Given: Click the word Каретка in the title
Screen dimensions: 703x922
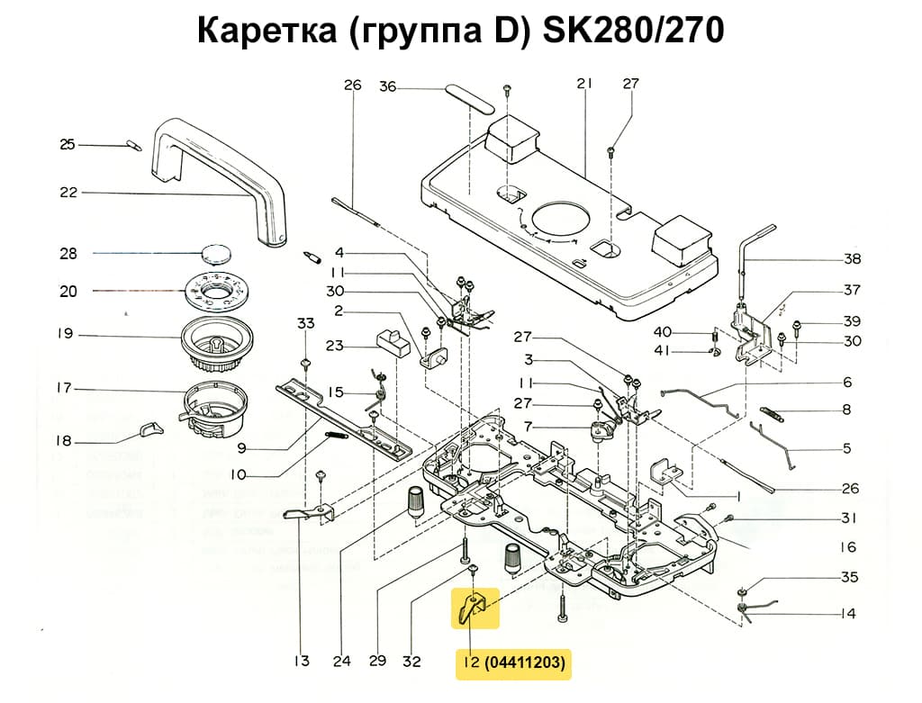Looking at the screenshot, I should click(260, 31).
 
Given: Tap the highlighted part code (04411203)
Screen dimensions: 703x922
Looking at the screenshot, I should click(526, 663).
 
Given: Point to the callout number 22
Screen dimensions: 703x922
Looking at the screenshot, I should click(68, 193).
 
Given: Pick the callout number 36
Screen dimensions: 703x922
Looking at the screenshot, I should click(387, 86).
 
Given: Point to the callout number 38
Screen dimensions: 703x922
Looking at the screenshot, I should click(852, 259).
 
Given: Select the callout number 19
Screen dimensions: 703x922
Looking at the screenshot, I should click(64, 334).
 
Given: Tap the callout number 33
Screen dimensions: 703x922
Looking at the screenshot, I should click(306, 323).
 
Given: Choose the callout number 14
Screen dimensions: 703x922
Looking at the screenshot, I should click(847, 614).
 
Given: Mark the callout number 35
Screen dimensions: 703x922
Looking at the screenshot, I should click(849, 577).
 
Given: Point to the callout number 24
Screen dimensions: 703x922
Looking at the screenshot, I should click(341, 662).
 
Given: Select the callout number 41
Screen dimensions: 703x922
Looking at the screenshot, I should click(687, 349).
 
